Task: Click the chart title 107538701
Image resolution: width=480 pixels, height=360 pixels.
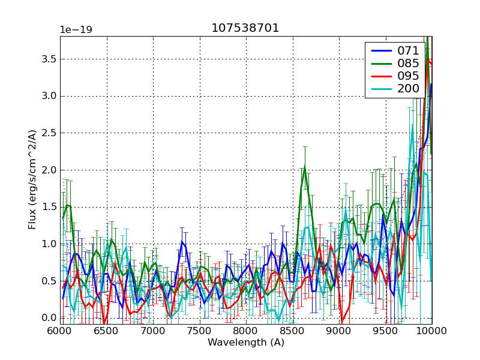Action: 245,28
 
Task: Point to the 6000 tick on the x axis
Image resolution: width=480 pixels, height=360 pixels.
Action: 60,331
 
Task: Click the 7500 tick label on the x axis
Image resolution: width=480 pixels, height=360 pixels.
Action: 200,331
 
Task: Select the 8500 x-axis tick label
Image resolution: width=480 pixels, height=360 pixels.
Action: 293,331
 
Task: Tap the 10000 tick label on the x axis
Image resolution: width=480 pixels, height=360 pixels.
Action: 431,331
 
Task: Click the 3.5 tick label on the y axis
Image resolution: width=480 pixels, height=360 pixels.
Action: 48,59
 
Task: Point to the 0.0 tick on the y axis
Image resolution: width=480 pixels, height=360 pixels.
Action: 48,318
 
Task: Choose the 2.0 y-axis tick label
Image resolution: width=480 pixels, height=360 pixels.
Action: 48,170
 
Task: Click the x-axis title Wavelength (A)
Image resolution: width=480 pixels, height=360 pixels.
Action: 246,343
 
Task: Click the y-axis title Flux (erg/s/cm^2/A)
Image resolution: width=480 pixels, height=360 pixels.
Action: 32,180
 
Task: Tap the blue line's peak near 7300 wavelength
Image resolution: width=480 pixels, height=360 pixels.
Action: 182,242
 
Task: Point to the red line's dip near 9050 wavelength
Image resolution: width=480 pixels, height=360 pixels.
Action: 342,322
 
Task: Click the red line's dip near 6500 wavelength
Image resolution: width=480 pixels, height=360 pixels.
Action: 104,323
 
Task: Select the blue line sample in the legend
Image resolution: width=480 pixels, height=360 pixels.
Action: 380,51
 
